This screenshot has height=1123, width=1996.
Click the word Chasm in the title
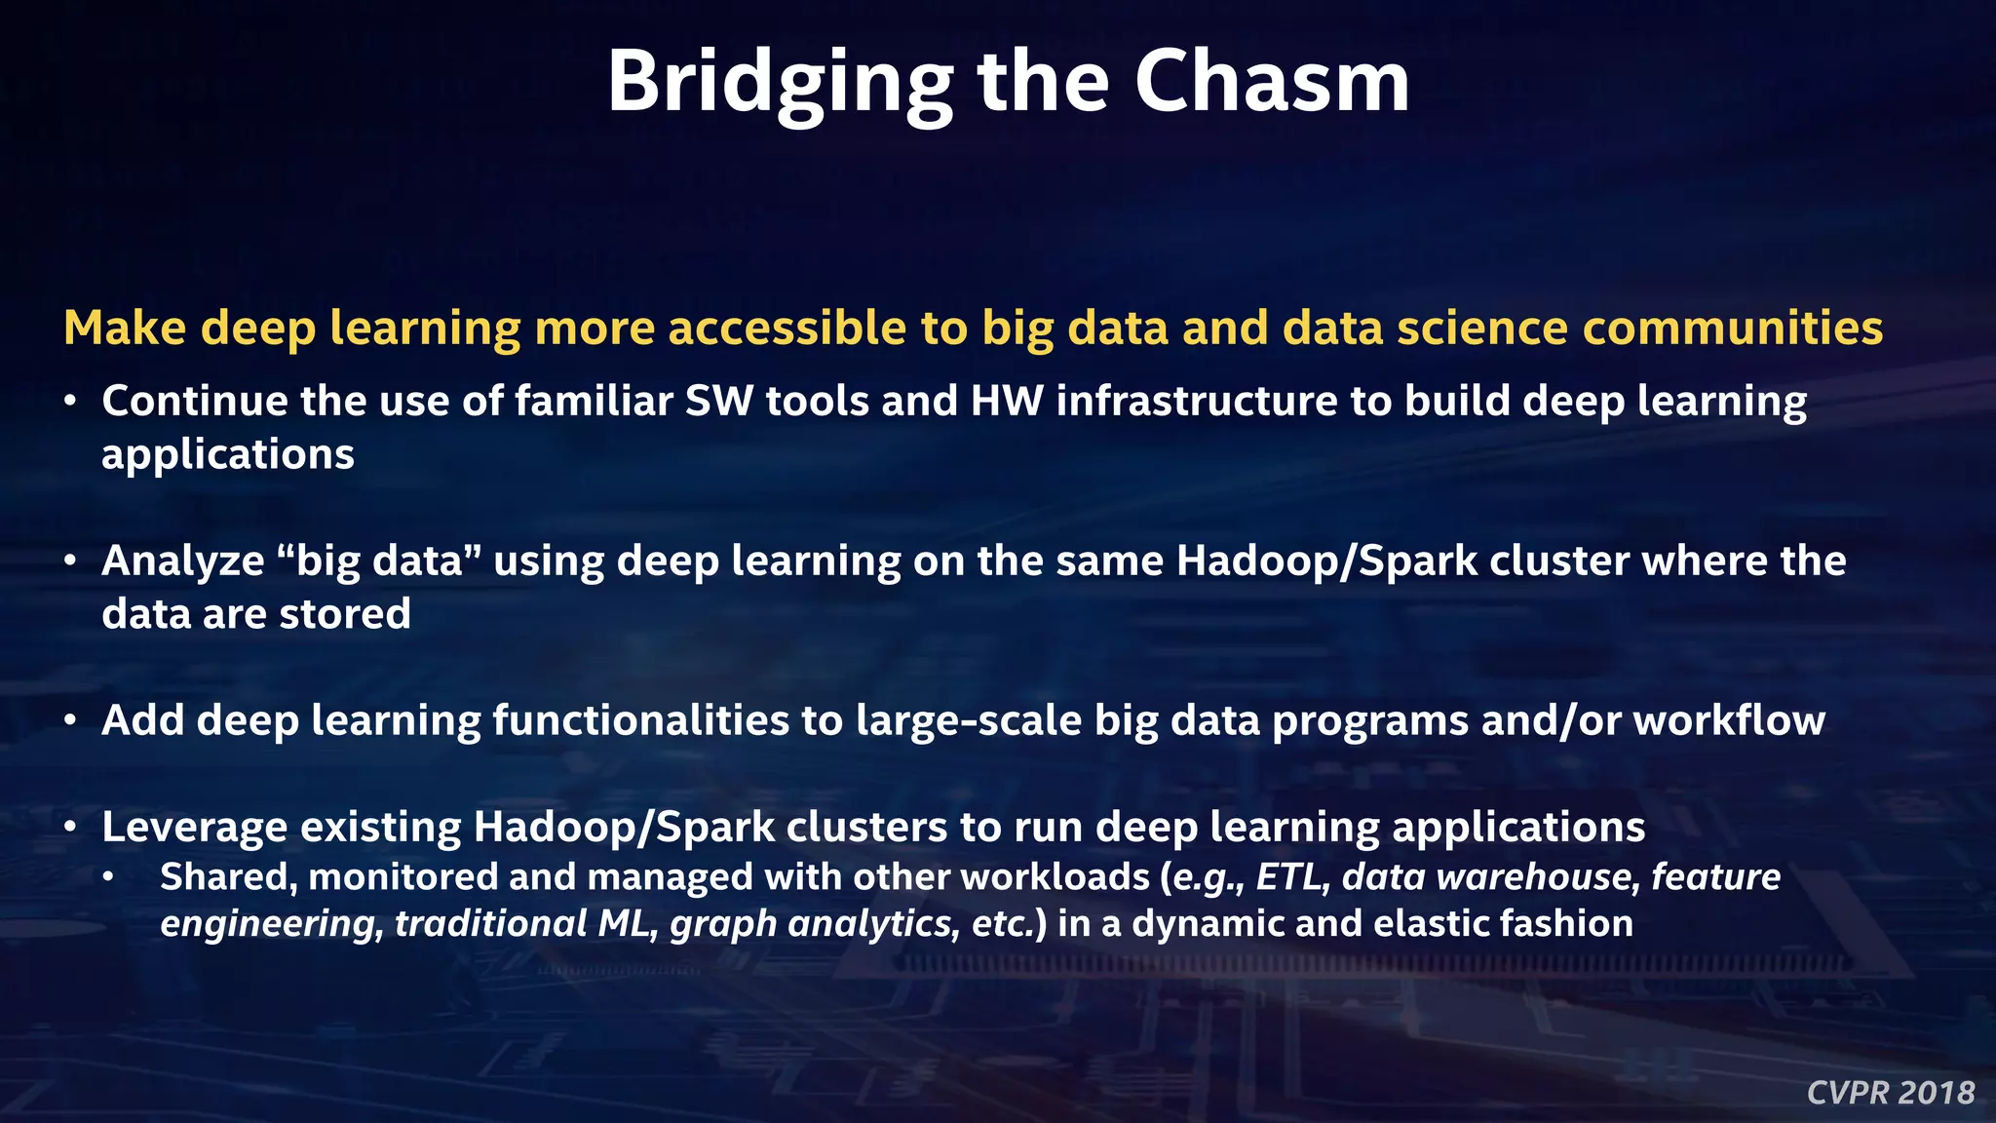click(x=1271, y=82)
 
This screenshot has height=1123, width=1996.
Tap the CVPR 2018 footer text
click(x=1891, y=1093)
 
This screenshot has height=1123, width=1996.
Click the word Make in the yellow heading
click(x=125, y=328)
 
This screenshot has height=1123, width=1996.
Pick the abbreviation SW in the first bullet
click(x=718, y=401)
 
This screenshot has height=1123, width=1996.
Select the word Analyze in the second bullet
click(x=182, y=561)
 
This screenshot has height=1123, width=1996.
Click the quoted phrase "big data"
click(x=379, y=561)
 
